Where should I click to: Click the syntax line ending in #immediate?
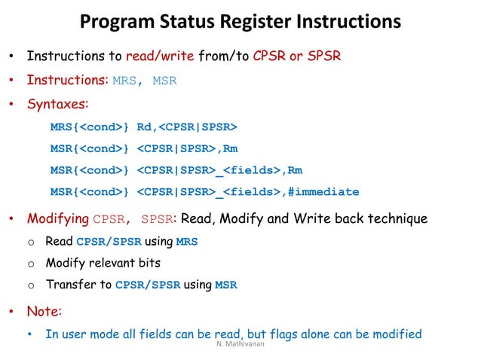point(204,191)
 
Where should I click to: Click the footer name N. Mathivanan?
point(240,347)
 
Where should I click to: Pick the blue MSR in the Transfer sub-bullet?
point(226,285)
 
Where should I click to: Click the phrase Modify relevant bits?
point(103,264)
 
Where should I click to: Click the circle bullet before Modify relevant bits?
point(31,264)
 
